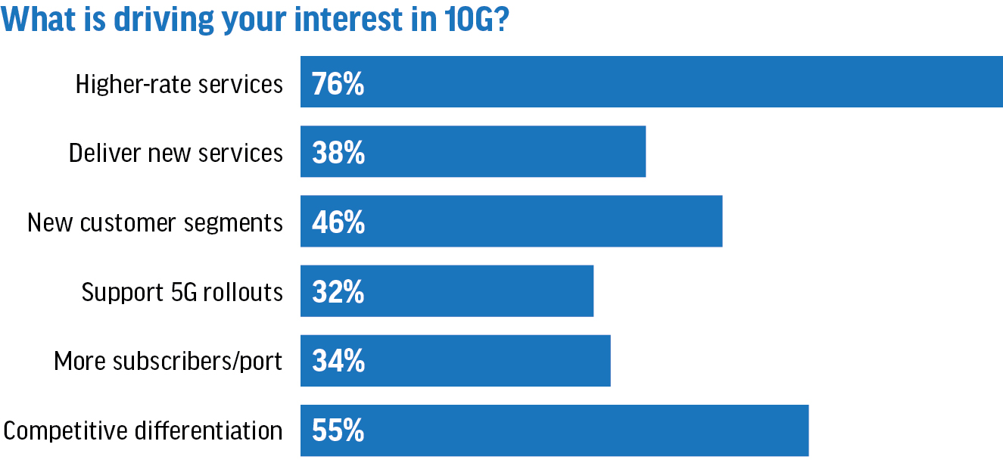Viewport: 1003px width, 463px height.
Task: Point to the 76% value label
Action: [338, 83]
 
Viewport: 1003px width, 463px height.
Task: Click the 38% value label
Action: [338, 153]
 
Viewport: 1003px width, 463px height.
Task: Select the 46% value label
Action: [338, 222]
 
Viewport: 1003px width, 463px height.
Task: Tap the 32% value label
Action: [338, 292]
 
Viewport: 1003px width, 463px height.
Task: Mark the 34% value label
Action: [338, 362]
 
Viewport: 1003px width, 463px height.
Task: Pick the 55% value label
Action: [338, 431]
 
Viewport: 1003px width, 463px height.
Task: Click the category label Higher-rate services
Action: [179, 83]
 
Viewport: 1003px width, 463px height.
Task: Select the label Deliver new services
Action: [176, 153]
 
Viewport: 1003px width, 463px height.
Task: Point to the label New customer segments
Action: [155, 222]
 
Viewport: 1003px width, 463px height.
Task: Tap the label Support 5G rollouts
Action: [182, 292]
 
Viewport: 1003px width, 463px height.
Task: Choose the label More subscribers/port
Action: [168, 362]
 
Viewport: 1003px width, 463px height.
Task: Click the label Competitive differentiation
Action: [143, 431]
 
